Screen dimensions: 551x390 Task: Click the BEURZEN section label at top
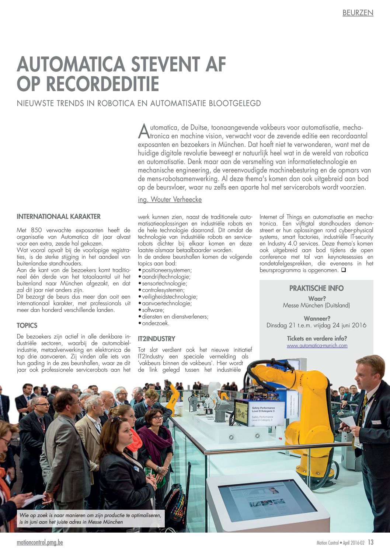pos(358,13)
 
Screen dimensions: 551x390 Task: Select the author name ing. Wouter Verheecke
pos(170,200)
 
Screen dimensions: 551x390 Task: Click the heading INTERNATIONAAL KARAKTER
pos(59,217)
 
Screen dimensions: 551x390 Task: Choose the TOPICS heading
pos(27,326)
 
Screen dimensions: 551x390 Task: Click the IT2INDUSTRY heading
pos(156,339)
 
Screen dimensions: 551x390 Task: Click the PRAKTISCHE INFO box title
pos(316,288)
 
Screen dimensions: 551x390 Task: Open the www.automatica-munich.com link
pos(317,345)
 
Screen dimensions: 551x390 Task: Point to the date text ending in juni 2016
pos(316,325)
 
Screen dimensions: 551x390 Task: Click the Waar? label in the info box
pos(317,299)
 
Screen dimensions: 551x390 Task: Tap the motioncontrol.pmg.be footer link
pos(40,543)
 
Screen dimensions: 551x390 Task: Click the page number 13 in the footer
pos(370,543)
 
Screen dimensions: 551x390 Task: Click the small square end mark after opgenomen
pos(343,270)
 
